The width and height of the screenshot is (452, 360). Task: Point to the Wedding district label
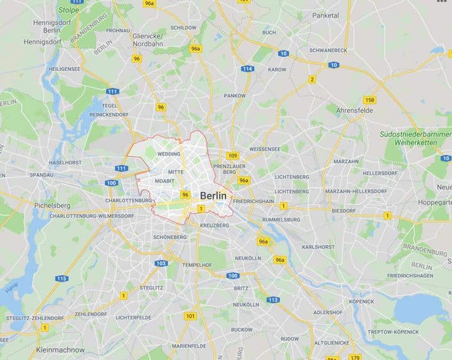tap(169, 154)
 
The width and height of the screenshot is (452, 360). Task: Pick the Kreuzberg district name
tap(213, 224)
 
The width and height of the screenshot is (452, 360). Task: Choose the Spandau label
tap(41, 174)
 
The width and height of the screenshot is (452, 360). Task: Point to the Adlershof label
tap(328, 312)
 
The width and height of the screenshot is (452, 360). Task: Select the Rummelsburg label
tap(282, 220)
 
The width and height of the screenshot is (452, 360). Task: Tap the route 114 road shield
tap(247, 69)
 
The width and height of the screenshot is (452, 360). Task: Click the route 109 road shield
tap(233, 156)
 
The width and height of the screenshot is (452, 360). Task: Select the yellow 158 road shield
tap(370, 100)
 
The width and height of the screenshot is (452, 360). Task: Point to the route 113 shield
tap(272, 300)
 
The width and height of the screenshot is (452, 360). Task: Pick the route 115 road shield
tap(61, 278)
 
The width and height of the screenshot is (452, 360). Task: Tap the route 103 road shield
tap(161, 263)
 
